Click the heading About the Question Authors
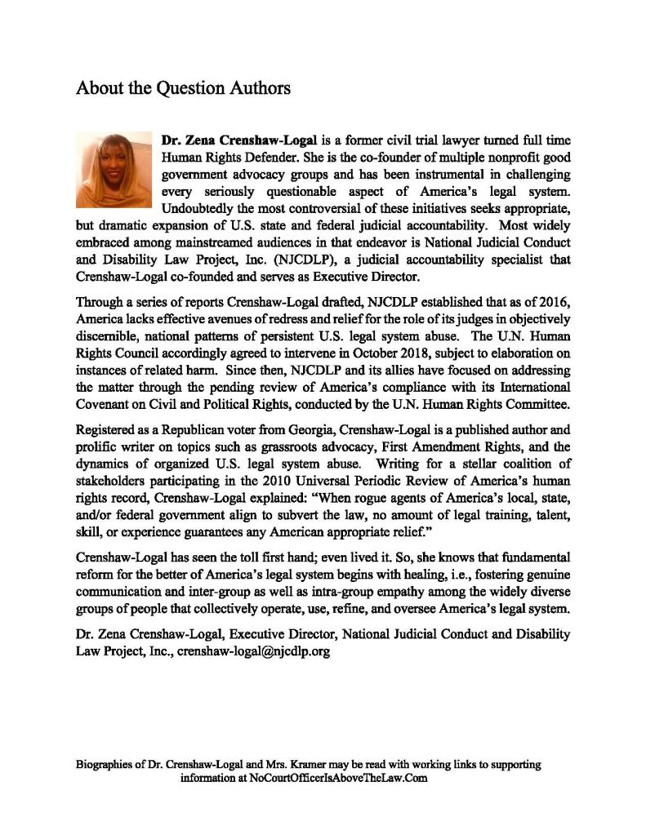coord(183,87)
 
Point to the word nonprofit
coord(474,157)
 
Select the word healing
coord(387,575)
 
